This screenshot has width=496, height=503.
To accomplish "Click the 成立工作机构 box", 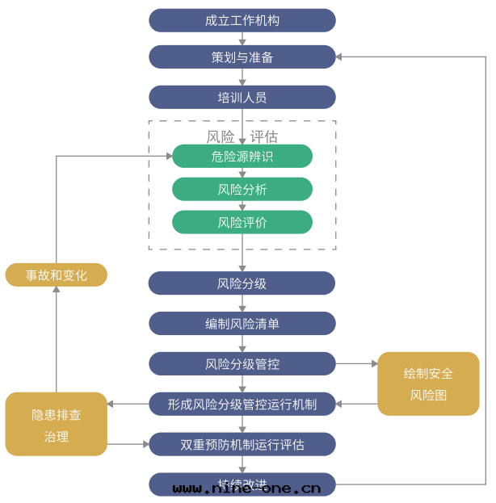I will pos(242,20).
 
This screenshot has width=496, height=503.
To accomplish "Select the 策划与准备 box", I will pos(242,57).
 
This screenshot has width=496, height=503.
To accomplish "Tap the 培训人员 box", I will pos(242,97).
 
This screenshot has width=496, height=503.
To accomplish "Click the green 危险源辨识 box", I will pos(242,157).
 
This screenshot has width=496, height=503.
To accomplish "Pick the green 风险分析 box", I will pos(242,190).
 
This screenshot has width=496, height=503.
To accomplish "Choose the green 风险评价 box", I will pos(242,222).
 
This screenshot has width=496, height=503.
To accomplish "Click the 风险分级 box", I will pos(242,283).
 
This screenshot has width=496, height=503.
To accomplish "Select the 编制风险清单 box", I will pos(242,324).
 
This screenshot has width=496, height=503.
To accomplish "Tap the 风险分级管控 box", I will pos(242,364).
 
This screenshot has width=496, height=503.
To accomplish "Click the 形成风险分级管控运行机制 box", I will pos(242,404).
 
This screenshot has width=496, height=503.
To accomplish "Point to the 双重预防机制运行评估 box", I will pos(242,444).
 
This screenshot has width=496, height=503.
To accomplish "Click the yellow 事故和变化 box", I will pos(57,275).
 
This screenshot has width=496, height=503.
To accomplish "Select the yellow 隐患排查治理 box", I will pos(57,425).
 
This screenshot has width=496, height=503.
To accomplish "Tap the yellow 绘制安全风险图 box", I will pos(428,384).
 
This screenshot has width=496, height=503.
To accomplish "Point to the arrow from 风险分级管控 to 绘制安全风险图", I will pos(356,364).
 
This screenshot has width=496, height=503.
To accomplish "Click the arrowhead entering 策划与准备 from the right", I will pos(340,57).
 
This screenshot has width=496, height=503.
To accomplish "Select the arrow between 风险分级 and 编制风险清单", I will pos(242,304).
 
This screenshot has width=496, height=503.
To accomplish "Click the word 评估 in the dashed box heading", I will pos(263,136).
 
